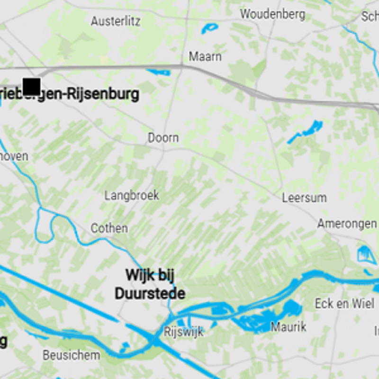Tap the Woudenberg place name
click(x=272, y=14)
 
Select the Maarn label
click(x=205, y=56)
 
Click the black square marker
click(x=31, y=87)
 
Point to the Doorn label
click(x=163, y=138)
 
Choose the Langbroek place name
click(x=132, y=195)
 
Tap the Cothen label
click(x=109, y=228)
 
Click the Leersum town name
click(x=304, y=198)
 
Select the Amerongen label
click(x=347, y=224)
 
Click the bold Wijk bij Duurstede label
click(x=149, y=284)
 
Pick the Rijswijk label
click(x=183, y=332)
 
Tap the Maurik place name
click(x=289, y=326)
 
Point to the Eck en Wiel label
click(x=344, y=304)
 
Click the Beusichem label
click(x=72, y=355)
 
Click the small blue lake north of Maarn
click(x=209, y=28)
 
